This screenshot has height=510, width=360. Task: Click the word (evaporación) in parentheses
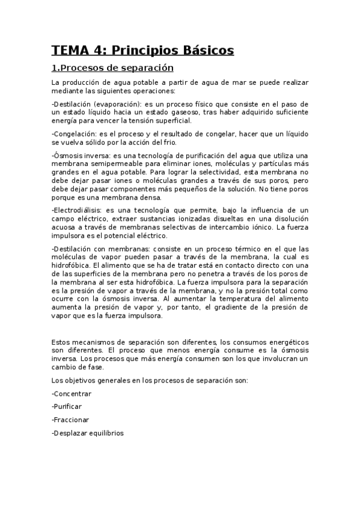click(x=118, y=103)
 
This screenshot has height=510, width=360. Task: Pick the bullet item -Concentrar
click(x=72, y=393)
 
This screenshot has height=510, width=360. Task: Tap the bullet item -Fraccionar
click(x=70, y=420)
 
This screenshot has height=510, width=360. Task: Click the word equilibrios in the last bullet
click(x=107, y=433)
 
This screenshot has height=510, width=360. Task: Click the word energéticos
click(x=284, y=342)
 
